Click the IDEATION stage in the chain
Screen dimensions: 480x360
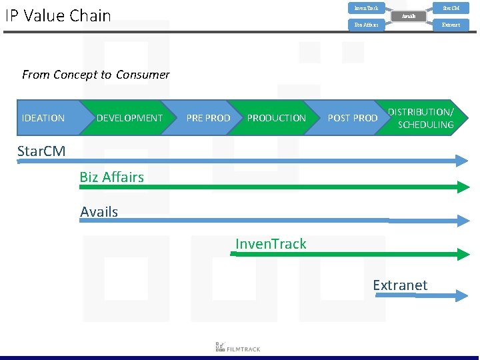[44, 118]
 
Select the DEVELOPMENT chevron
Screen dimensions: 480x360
[129, 118]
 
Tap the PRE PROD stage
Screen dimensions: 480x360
[208, 118]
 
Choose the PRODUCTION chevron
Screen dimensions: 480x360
[276, 118]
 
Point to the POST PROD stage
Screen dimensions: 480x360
[353, 118]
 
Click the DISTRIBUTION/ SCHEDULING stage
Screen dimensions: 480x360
[421, 118]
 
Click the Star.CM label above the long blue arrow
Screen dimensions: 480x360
[41, 151]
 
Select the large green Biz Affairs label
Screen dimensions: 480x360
[111, 177]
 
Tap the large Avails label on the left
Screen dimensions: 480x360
[99, 212]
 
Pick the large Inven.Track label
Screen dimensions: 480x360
[271, 244]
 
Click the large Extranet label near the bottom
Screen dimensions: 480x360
[400, 285]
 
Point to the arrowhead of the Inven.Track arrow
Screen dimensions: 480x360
[464, 254]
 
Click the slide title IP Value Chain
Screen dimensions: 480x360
[58, 15]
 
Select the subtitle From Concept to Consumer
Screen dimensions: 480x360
[96, 75]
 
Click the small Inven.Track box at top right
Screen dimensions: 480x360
[366, 8]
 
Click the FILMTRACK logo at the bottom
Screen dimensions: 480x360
[238, 347]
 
